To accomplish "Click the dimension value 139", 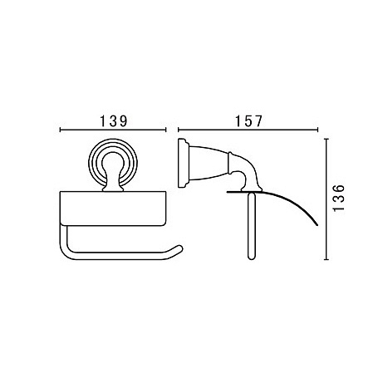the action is [x=113, y=121].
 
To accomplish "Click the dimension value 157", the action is [x=248, y=121].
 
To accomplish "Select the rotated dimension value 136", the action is [x=339, y=199].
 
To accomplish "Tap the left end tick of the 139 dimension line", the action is [x=60, y=130].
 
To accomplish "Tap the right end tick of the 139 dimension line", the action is [x=165, y=130].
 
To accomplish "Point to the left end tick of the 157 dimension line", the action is [x=179, y=130].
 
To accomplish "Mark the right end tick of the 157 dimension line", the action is [x=317, y=130].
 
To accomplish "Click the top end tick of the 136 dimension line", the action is [x=326, y=139].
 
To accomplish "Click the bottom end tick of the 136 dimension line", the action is [x=326, y=259].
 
